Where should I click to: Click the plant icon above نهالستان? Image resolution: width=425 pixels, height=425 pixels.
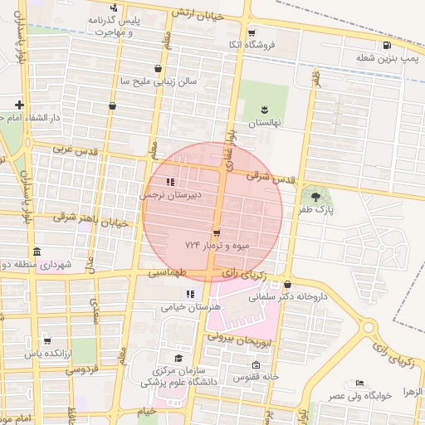(265, 109)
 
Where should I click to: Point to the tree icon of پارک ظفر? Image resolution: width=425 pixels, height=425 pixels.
(316, 195)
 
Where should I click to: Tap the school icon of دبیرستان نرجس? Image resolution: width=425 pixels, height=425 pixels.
(170, 182)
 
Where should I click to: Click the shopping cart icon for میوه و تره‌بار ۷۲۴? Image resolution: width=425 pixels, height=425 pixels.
(217, 233)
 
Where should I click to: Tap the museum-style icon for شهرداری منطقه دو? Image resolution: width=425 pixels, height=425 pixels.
(35, 252)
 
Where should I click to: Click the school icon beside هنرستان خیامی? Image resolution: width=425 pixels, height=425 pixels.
(190, 294)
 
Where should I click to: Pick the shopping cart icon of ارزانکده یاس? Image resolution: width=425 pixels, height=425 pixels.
(46, 340)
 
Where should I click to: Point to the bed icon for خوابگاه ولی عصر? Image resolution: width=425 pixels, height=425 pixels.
(359, 383)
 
